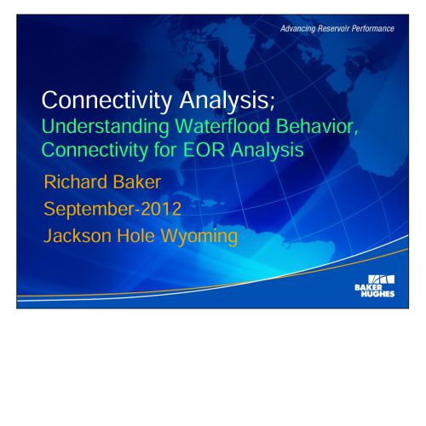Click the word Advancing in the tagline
[x=298, y=29]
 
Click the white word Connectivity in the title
[x=106, y=101]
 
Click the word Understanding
[x=106, y=126]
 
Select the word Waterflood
[x=222, y=126]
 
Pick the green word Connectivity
[x=95, y=150]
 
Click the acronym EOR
[x=204, y=150]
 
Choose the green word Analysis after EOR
[x=268, y=150]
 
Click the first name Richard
[x=76, y=181]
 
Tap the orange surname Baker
[x=137, y=181]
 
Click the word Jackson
[x=78, y=236]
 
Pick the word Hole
[x=136, y=236]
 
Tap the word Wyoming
[x=199, y=236]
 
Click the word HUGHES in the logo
[x=377, y=294]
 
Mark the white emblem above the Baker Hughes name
[x=381, y=279]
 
